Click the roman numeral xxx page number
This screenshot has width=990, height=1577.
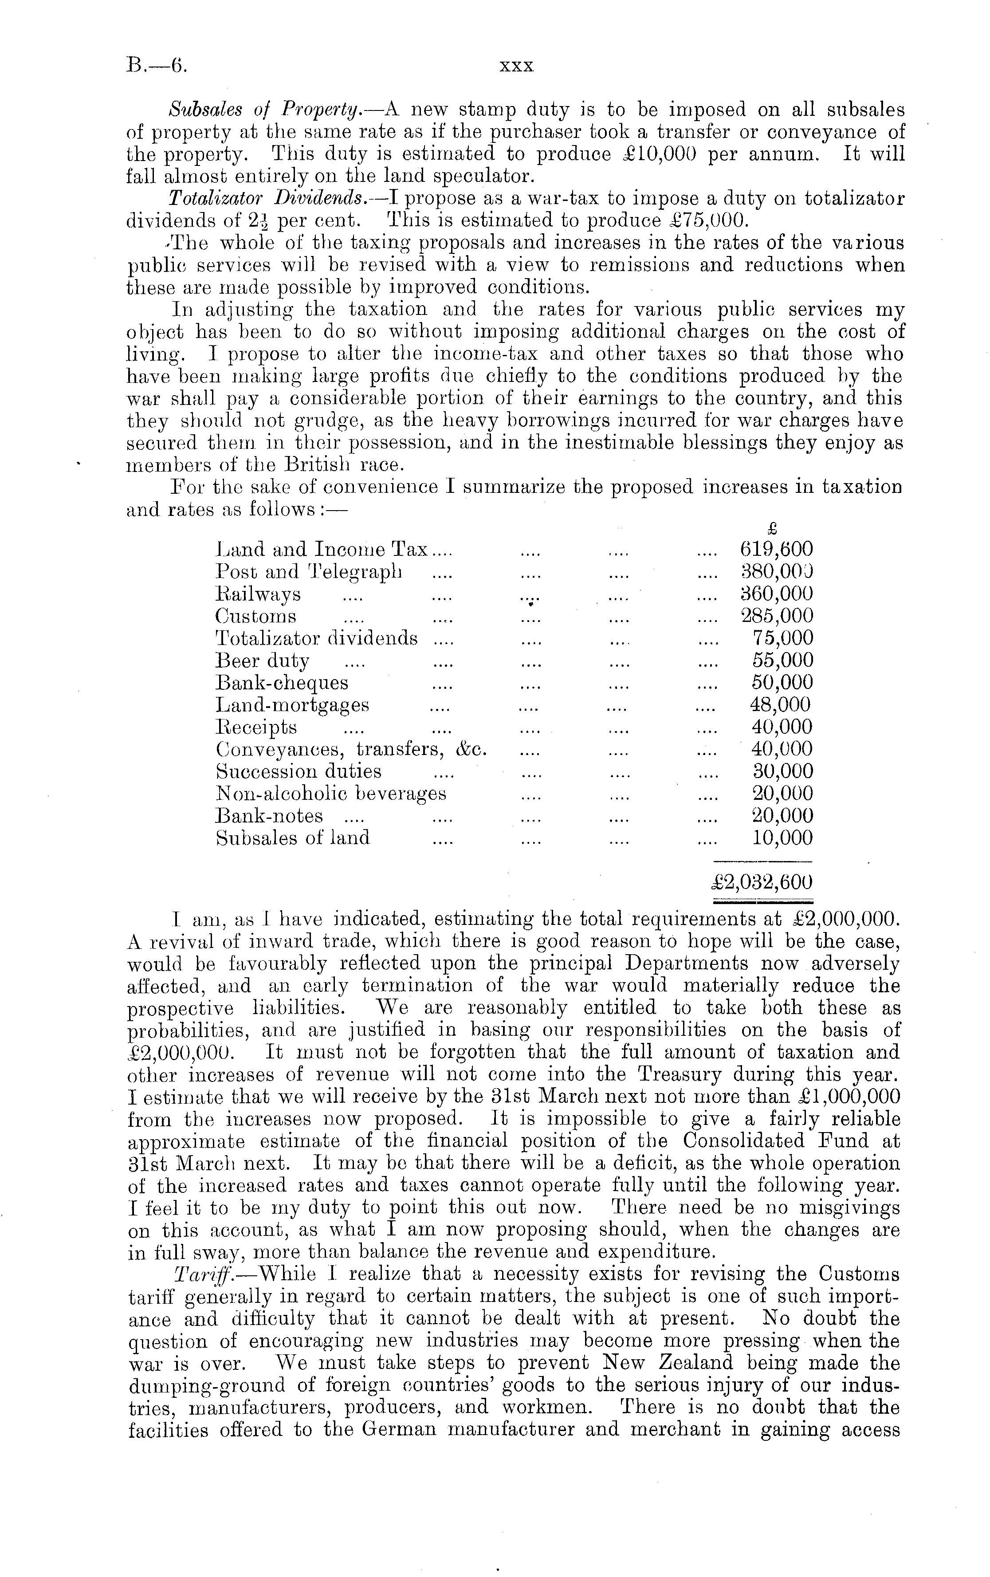click(517, 66)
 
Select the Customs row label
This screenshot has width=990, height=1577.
click(255, 616)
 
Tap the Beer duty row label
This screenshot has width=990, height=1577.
click(263, 661)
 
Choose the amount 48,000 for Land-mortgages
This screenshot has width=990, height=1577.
click(779, 705)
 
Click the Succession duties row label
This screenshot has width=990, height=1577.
click(299, 771)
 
